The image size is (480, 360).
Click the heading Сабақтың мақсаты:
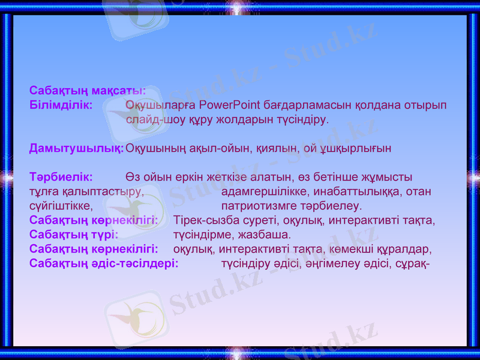pos(88,91)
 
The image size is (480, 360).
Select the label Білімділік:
pos(61,105)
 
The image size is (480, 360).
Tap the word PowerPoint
pos(230,105)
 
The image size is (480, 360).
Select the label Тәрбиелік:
pos(61,177)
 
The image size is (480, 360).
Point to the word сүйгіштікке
pos(61,206)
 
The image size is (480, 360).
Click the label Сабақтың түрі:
pos(73,234)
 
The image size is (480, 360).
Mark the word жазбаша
pos(266,234)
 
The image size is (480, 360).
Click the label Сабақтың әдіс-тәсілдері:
pos(104,263)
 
